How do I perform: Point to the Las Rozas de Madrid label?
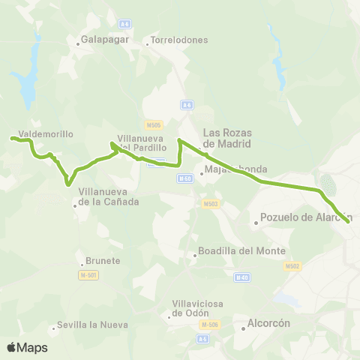point(227,138)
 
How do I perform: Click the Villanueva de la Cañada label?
point(109,196)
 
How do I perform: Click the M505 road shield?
point(154,124)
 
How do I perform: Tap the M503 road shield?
point(211,203)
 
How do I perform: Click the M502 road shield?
point(292,266)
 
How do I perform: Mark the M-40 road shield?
point(241,277)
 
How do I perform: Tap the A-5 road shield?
point(202,340)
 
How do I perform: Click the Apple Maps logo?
point(28,347)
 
